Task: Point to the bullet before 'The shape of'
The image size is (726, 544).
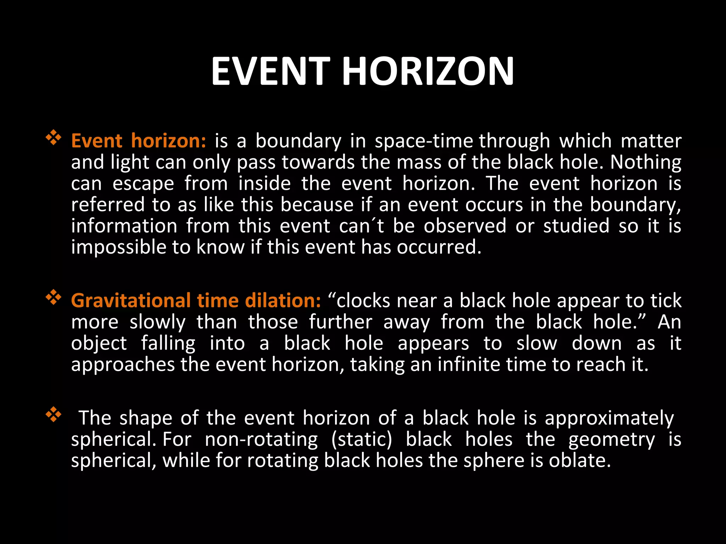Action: click(54, 415)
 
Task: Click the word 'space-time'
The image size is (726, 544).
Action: click(424, 141)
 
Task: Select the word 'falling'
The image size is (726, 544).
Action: click(168, 344)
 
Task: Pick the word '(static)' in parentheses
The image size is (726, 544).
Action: click(362, 440)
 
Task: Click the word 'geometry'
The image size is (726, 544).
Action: click(611, 440)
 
